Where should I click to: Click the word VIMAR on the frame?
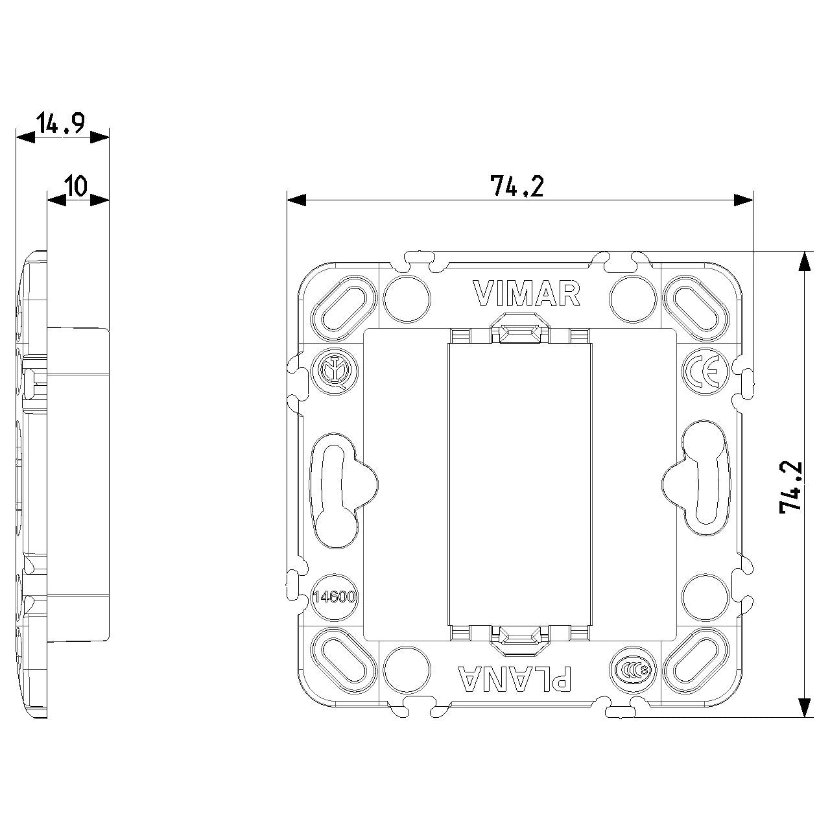(x=527, y=293)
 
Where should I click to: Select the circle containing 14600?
(x=334, y=597)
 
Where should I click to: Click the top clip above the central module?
(x=520, y=328)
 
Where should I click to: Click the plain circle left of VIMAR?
(x=407, y=298)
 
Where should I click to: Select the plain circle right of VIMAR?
(x=633, y=298)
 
